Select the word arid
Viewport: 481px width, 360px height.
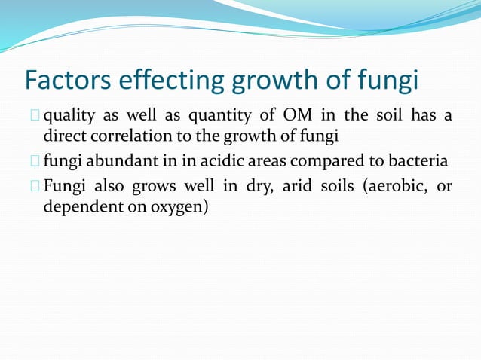298,185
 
